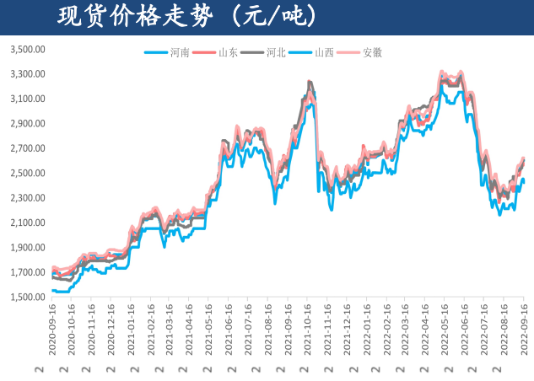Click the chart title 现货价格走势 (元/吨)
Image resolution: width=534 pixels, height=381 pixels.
[186, 16]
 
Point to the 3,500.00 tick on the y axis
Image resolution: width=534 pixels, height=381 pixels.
[26, 49]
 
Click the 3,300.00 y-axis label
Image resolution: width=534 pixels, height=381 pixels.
[26, 74]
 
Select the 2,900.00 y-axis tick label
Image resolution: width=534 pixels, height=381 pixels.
[26, 124]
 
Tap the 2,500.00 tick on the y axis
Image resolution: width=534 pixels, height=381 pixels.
[26, 174]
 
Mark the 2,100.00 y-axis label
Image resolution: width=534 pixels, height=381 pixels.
[26, 223]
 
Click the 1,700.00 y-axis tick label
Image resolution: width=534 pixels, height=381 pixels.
[26, 273]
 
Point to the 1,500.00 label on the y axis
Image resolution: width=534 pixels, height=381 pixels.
[26, 298]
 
